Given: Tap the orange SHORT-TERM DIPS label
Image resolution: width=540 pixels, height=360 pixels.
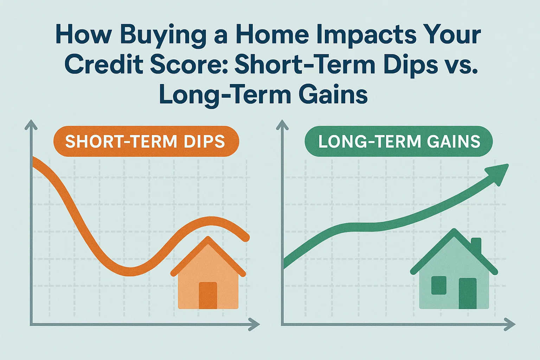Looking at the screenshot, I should [146, 141].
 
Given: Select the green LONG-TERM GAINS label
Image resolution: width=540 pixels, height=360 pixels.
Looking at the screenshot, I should [399, 141].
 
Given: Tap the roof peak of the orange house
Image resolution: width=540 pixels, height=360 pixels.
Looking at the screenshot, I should [209, 240].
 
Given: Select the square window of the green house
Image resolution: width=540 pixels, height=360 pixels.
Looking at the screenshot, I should [439, 285].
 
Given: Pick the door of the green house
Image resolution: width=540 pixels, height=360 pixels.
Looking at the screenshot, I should [467, 293].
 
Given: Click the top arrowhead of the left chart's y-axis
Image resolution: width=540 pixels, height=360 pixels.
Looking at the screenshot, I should [31, 124].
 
